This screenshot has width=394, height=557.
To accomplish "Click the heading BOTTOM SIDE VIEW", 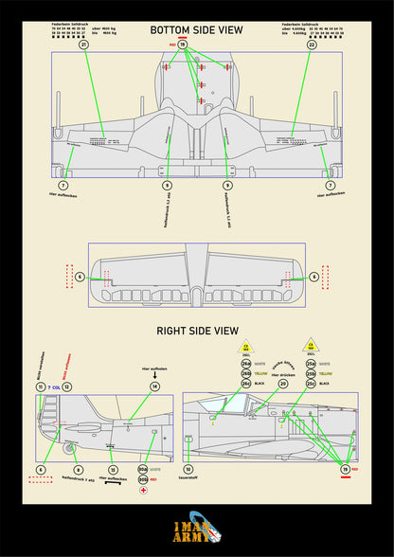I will tap(196, 30).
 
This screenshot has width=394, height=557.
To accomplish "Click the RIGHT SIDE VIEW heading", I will tap(197, 332).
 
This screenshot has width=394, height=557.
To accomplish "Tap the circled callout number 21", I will tap(82, 45).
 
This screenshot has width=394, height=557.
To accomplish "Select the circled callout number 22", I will tap(312, 45).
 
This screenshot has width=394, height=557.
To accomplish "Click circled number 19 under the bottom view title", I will tap(183, 45).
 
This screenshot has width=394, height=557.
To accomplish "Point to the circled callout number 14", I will tap(154, 386).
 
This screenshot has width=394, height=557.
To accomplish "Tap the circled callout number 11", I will tap(41, 387).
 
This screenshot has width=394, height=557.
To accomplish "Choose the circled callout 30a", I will tap(143, 468).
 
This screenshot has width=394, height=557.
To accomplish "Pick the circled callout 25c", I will tap(310, 384).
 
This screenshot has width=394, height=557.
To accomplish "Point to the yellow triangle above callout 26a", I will tap(246, 347).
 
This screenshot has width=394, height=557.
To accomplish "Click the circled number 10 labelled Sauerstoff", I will tap(188, 469).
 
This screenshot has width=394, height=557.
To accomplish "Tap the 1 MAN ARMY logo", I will tap(197, 534).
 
